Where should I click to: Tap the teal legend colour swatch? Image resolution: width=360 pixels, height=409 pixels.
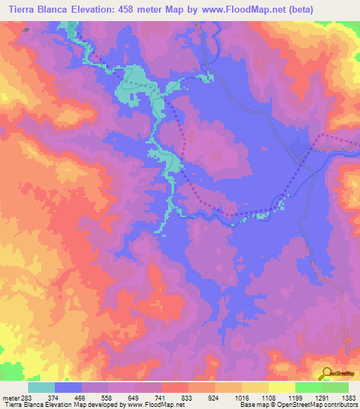(41, 387)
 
